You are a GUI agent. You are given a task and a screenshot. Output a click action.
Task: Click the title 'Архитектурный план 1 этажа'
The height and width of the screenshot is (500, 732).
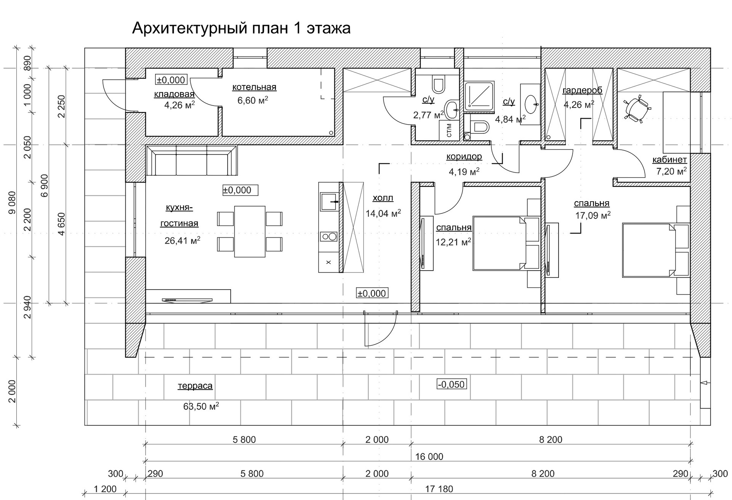[x=241, y=29]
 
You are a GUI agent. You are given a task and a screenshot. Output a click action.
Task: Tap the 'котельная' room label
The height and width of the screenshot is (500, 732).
[x=254, y=87]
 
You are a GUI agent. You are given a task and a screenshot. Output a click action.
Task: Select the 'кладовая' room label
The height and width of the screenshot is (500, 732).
[x=174, y=94]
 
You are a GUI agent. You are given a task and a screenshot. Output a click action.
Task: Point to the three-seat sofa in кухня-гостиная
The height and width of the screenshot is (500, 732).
[x=192, y=160]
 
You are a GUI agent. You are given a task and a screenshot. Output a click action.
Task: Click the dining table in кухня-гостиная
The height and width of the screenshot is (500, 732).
[x=250, y=231]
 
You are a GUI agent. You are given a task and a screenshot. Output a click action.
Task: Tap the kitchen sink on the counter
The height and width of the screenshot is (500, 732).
[x=329, y=202]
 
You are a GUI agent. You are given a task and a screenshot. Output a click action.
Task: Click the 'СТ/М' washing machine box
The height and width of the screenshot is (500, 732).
[x=449, y=130]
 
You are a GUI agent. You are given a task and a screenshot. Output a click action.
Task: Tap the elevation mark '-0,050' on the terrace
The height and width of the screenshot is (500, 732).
[x=451, y=384]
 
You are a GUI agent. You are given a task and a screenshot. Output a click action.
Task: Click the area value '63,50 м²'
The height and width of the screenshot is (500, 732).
[x=201, y=406]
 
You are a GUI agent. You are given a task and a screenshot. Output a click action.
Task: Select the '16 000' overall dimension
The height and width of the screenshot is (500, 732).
[x=429, y=457]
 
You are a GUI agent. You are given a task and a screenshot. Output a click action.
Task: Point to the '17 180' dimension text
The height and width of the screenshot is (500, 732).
[x=439, y=489]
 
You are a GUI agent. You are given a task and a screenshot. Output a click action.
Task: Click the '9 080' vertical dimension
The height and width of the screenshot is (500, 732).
[x=12, y=202]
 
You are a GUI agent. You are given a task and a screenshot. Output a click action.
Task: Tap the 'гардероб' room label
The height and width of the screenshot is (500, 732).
[x=582, y=90]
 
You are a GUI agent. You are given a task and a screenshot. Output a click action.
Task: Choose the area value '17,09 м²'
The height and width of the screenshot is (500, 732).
[x=593, y=216]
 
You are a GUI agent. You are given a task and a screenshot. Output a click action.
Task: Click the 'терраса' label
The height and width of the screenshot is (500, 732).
[x=195, y=386]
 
